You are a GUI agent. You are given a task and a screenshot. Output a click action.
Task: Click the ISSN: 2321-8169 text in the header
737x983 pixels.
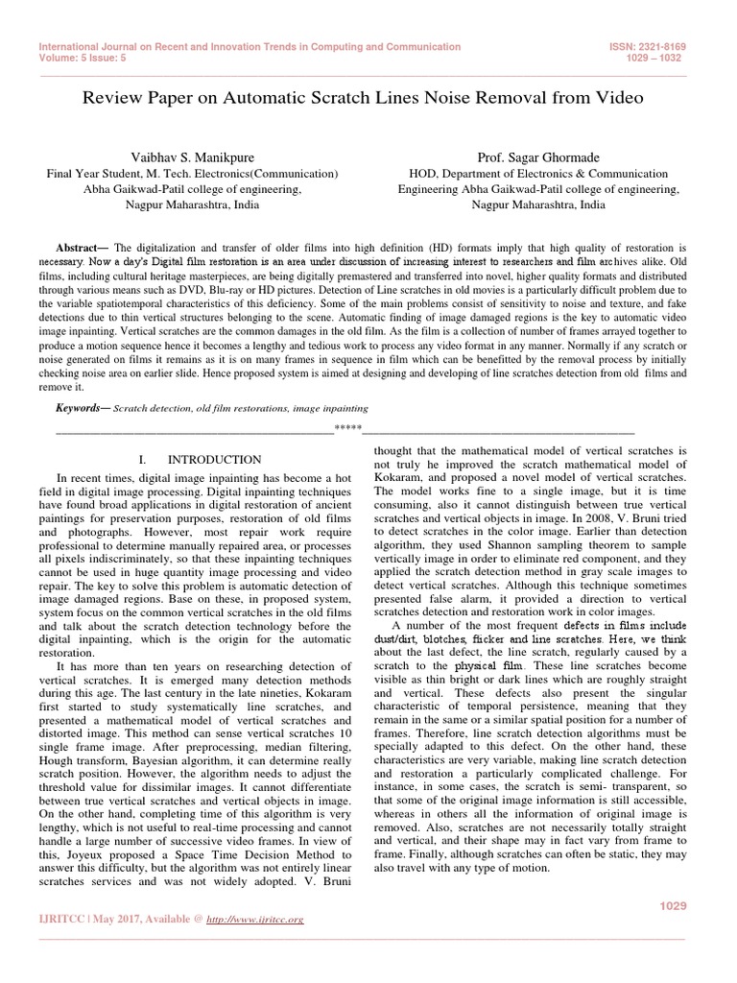(x=647, y=46)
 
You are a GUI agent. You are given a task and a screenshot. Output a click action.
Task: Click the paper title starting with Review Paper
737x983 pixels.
(x=363, y=98)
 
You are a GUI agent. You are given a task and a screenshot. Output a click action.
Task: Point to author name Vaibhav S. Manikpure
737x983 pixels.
(x=193, y=156)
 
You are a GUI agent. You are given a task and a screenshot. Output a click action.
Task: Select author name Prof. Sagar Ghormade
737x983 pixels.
(x=538, y=156)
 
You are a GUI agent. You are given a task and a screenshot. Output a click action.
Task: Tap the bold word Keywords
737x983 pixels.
(x=83, y=408)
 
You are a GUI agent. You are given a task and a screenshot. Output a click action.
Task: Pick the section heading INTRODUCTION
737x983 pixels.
(x=214, y=460)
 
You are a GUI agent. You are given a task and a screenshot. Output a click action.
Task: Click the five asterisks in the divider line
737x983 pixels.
(x=347, y=427)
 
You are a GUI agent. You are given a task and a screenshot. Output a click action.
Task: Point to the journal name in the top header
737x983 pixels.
(x=250, y=46)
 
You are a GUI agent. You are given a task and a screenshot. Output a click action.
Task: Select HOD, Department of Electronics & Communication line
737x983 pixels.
(x=538, y=174)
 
